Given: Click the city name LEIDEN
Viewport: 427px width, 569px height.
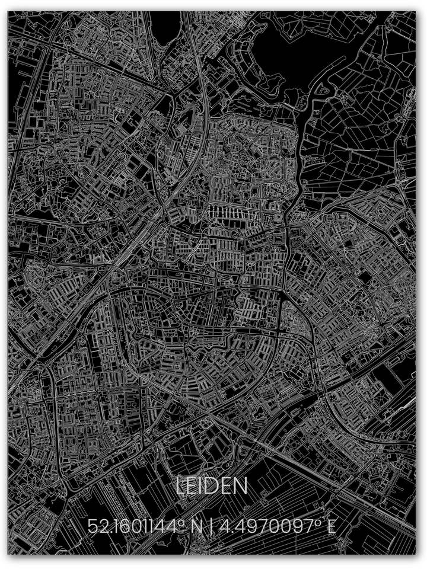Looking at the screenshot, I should click(x=212, y=487).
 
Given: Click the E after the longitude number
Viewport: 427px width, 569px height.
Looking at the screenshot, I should click(x=331, y=526).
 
